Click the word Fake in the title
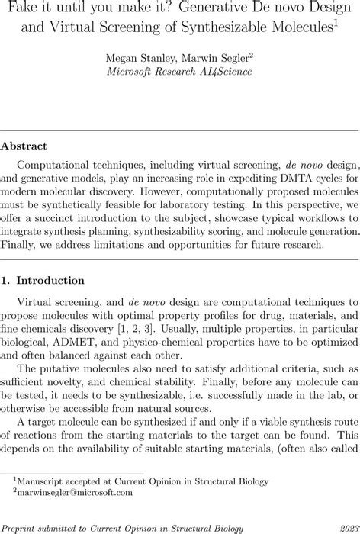[23, 11]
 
